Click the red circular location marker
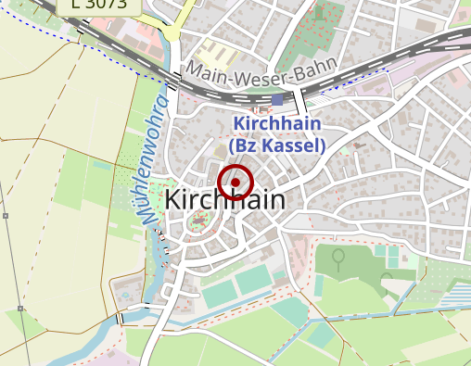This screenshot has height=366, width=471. pyautogui.click(x=235, y=183)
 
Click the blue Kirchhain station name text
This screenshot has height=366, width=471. pyautogui.click(x=277, y=123)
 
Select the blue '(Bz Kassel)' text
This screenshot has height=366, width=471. pyautogui.click(x=277, y=145)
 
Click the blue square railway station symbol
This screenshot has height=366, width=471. pyautogui.click(x=277, y=99)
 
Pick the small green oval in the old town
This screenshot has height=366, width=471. pyautogui.click(x=197, y=221)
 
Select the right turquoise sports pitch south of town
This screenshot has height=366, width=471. pyautogui.click(x=252, y=279)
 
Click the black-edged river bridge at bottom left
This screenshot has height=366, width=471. pyautogui.click(x=120, y=320)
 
